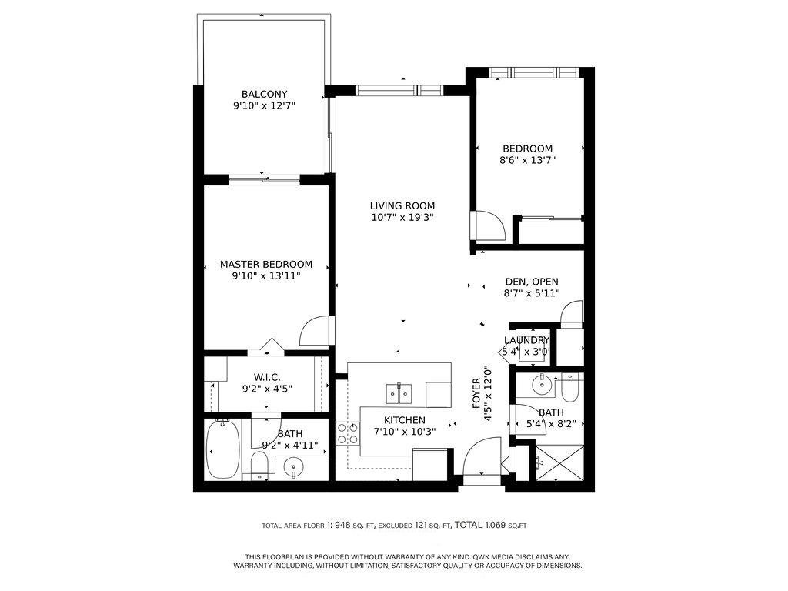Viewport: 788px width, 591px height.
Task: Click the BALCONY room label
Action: (x=264, y=94)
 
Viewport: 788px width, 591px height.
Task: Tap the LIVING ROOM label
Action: (x=402, y=205)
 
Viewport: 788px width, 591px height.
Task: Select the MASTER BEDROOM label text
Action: (x=265, y=264)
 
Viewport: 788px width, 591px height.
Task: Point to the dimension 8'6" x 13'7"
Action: (x=527, y=160)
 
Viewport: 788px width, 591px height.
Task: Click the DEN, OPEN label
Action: (x=532, y=282)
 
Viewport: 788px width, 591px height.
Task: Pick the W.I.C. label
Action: (x=267, y=377)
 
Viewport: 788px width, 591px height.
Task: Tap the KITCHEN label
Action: (x=405, y=420)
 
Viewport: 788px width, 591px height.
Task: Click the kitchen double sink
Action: (x=399, y=393)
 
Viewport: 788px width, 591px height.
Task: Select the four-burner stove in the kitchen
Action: (x=348, y=434)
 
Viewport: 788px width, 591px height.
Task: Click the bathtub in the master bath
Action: (x=223, y=449)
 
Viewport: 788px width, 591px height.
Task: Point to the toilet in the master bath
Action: (x=259, y=465)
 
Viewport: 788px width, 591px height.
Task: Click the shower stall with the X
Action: (x=559, y=462)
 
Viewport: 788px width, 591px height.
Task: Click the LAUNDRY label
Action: (x=526, y=340)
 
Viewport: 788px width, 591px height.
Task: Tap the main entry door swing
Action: (x=482, y=456)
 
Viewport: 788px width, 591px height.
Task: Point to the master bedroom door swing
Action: (x=315, y=330)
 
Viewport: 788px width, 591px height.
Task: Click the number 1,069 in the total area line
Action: (x=496, y=525)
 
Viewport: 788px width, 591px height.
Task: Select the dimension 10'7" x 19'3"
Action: (x=402, y=218)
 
